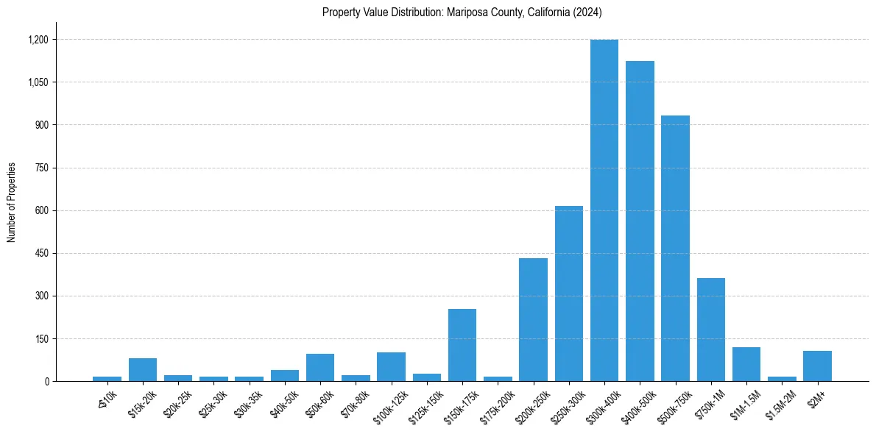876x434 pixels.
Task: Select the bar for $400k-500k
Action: tap(640, 221)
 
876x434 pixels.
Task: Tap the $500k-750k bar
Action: tap(675, 250)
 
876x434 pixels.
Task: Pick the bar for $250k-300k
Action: tap(568, 294)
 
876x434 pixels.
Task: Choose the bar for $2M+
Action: tap(817, 366)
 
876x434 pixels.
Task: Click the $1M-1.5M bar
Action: tap(746, 364)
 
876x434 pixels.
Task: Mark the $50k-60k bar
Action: tap(320, 368)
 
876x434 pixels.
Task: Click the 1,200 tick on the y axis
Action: tap(38, 40)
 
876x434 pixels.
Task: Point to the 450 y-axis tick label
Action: tap(40, 254)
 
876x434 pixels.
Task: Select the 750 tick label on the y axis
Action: tap(40, 168)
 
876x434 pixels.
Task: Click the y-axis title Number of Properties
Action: tap(12, 202)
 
